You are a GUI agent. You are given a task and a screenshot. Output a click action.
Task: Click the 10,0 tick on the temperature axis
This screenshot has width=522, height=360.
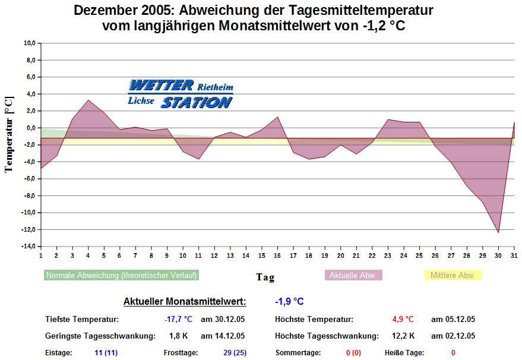pyautogui.click(x=29, y=43)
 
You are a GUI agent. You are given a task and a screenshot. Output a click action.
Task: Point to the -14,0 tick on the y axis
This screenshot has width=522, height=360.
pyautogui.click(x=28, y=246)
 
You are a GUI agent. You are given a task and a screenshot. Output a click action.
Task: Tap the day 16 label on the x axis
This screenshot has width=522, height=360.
pyautogui.click(x=277, y=255)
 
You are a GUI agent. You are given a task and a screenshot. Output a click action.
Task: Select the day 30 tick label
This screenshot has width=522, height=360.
pyautogui.click(x=498, y=255)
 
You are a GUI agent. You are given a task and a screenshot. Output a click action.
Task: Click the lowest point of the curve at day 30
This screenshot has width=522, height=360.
pyautogui.click(x=498, y=232)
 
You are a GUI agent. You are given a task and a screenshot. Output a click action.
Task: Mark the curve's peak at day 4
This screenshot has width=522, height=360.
pyautogui.click(x=88, y=100)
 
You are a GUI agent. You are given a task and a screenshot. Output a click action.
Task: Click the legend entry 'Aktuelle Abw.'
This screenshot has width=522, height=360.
pyautogui.click(x=353, y=275)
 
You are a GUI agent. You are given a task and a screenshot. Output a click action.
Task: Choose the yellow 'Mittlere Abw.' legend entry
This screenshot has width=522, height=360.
pyautogui.click(x=453, y=275)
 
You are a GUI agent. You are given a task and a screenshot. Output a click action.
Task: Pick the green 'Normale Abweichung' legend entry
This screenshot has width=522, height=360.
pyautogui.click(x=122, y=275)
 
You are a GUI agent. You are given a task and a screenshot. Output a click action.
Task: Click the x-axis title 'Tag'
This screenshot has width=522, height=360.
pyautogui.click(x=265, y=277)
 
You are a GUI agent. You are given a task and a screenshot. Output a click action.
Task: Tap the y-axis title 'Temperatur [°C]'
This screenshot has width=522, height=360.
pyautogui.click(x=9, y=134)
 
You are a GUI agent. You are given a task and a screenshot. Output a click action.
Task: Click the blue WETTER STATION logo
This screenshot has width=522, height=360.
pyautogui.click(x=181, y=94)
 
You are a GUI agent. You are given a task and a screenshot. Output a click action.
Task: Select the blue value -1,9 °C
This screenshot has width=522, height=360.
pyautogui.click(x=289, y=302)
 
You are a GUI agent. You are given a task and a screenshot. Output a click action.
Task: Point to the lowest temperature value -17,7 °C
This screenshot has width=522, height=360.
pyautogui.click(x=178, y=320)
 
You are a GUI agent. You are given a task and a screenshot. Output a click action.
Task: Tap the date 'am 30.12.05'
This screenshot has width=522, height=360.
pyautogui.click(x=223, y=320)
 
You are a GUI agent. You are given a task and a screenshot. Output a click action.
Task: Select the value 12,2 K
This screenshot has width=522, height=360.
pyautogui.click(x=404, y=336)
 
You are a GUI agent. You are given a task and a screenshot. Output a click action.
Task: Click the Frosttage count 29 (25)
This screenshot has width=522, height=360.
pyautogui.click(x=235, y=353)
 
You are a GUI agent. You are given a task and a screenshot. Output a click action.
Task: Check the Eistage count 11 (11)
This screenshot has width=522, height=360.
pyautogui.click(x=106, y=353)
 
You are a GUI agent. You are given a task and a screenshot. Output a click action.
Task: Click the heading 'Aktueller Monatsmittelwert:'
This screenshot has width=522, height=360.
pyautogui.click(x=185, y=302)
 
